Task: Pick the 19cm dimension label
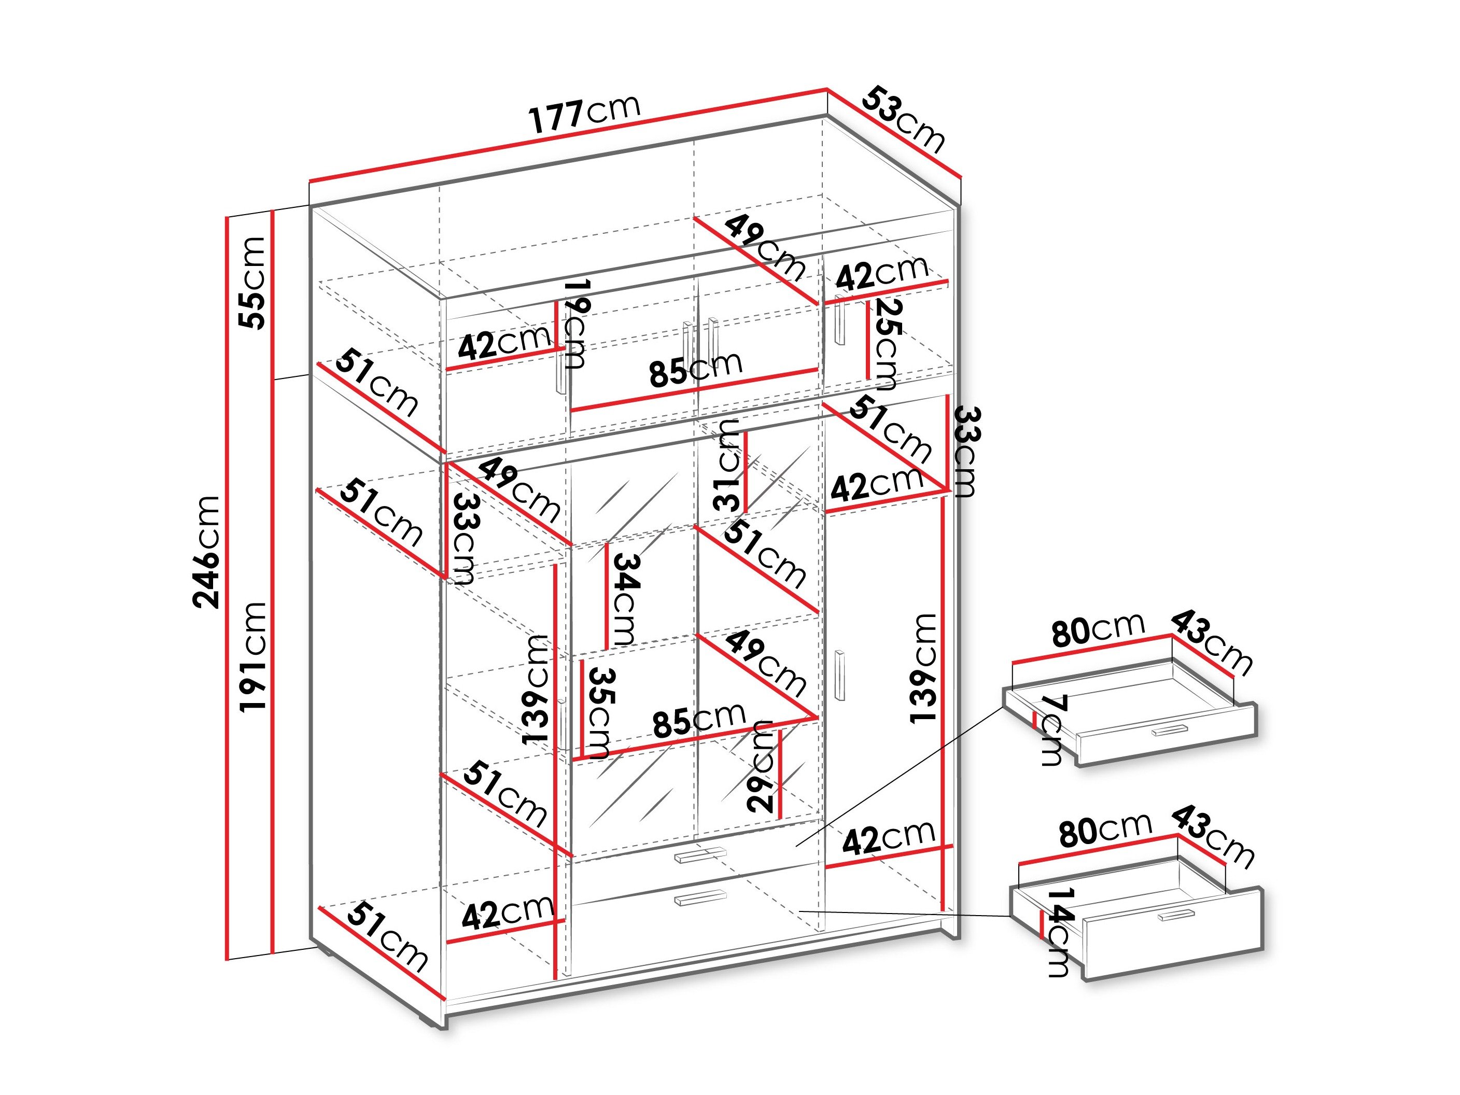pos(572,324)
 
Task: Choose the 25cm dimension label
pos(885,343)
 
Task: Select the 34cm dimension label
pos(624,599)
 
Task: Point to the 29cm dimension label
pos(761,766)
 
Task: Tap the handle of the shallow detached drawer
pos(1169,730)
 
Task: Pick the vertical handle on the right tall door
pos(840,675)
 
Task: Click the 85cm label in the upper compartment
pos(696,369)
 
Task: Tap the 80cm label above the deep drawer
pos(1105,830)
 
